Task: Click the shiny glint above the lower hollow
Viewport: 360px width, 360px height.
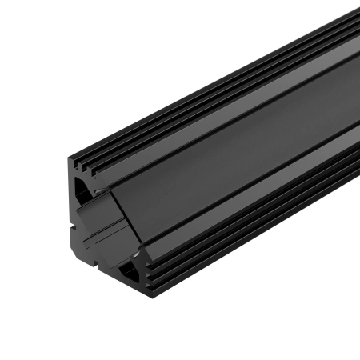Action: (x=136, y=254)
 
